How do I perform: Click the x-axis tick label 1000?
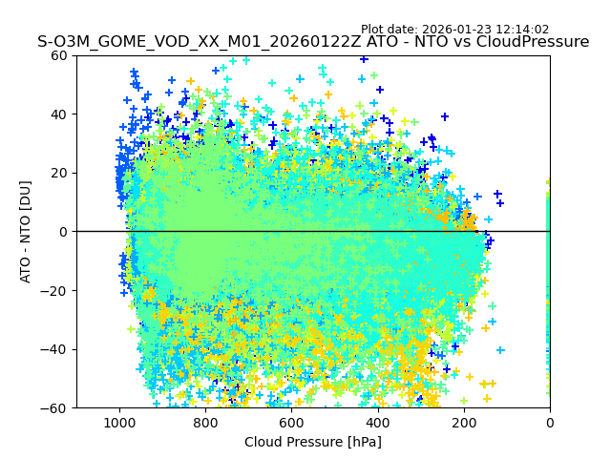pyautogui.click(x=119, y=423)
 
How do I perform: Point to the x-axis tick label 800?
pyautogui.click(x=205, y=423)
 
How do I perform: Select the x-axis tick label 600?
pyautogui.click(x=291, y=423)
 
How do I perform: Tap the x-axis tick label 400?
pyautogui.click(x=377, y=423)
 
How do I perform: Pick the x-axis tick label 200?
pyautogui.click(x=463, y=423)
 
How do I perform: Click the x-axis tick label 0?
pyautogui.click(x=549, y=423)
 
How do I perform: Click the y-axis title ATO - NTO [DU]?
pyautogui.click(x=26, y=232)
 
